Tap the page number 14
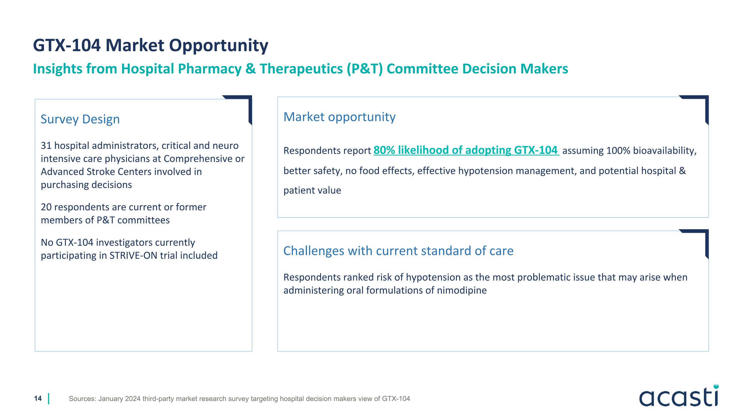[38, 398]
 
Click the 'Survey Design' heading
[80, 119]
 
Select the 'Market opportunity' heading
[339, 117]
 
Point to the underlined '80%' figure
[384, 150]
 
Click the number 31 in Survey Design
[46, 146]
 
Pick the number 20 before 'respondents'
[46, 207]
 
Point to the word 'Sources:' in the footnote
[82, 399]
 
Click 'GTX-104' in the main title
[67, 45]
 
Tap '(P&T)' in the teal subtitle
[365, 69]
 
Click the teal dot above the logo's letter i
[716, 386]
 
